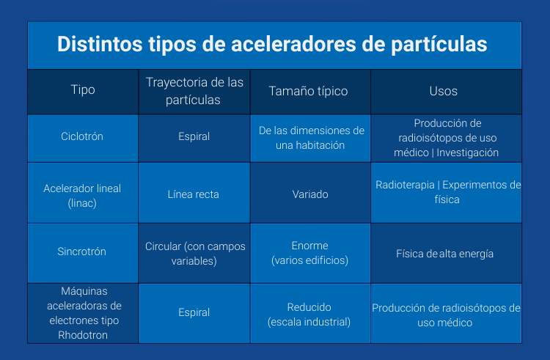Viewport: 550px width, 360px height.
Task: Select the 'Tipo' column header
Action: pos(83,91)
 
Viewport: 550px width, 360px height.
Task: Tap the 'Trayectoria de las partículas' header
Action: pos(194,91)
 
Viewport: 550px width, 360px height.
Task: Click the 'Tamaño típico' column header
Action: pos(309,92)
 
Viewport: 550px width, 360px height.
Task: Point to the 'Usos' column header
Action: pos(443,92)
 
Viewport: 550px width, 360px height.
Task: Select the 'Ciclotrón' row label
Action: pos(83,136)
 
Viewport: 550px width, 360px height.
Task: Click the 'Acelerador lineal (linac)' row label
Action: pos(83,194)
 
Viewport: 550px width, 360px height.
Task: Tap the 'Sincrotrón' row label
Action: pos(82,251)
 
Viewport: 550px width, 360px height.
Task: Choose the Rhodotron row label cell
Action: pos(83,312)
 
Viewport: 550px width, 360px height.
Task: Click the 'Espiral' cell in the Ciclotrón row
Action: pos(194,136)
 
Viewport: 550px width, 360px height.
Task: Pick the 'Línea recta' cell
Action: pos(194,194)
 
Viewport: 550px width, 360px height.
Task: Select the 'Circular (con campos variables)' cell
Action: pos(195,251)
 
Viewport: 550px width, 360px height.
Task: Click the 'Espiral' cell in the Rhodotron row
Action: pos(194,312)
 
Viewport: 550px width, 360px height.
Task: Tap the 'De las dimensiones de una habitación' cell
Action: pos(312,137)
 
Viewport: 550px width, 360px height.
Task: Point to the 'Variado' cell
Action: pos(310,194)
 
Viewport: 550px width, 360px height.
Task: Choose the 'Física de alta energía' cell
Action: pos(445,254)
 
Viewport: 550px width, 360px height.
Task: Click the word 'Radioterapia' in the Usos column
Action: pos(405,185)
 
